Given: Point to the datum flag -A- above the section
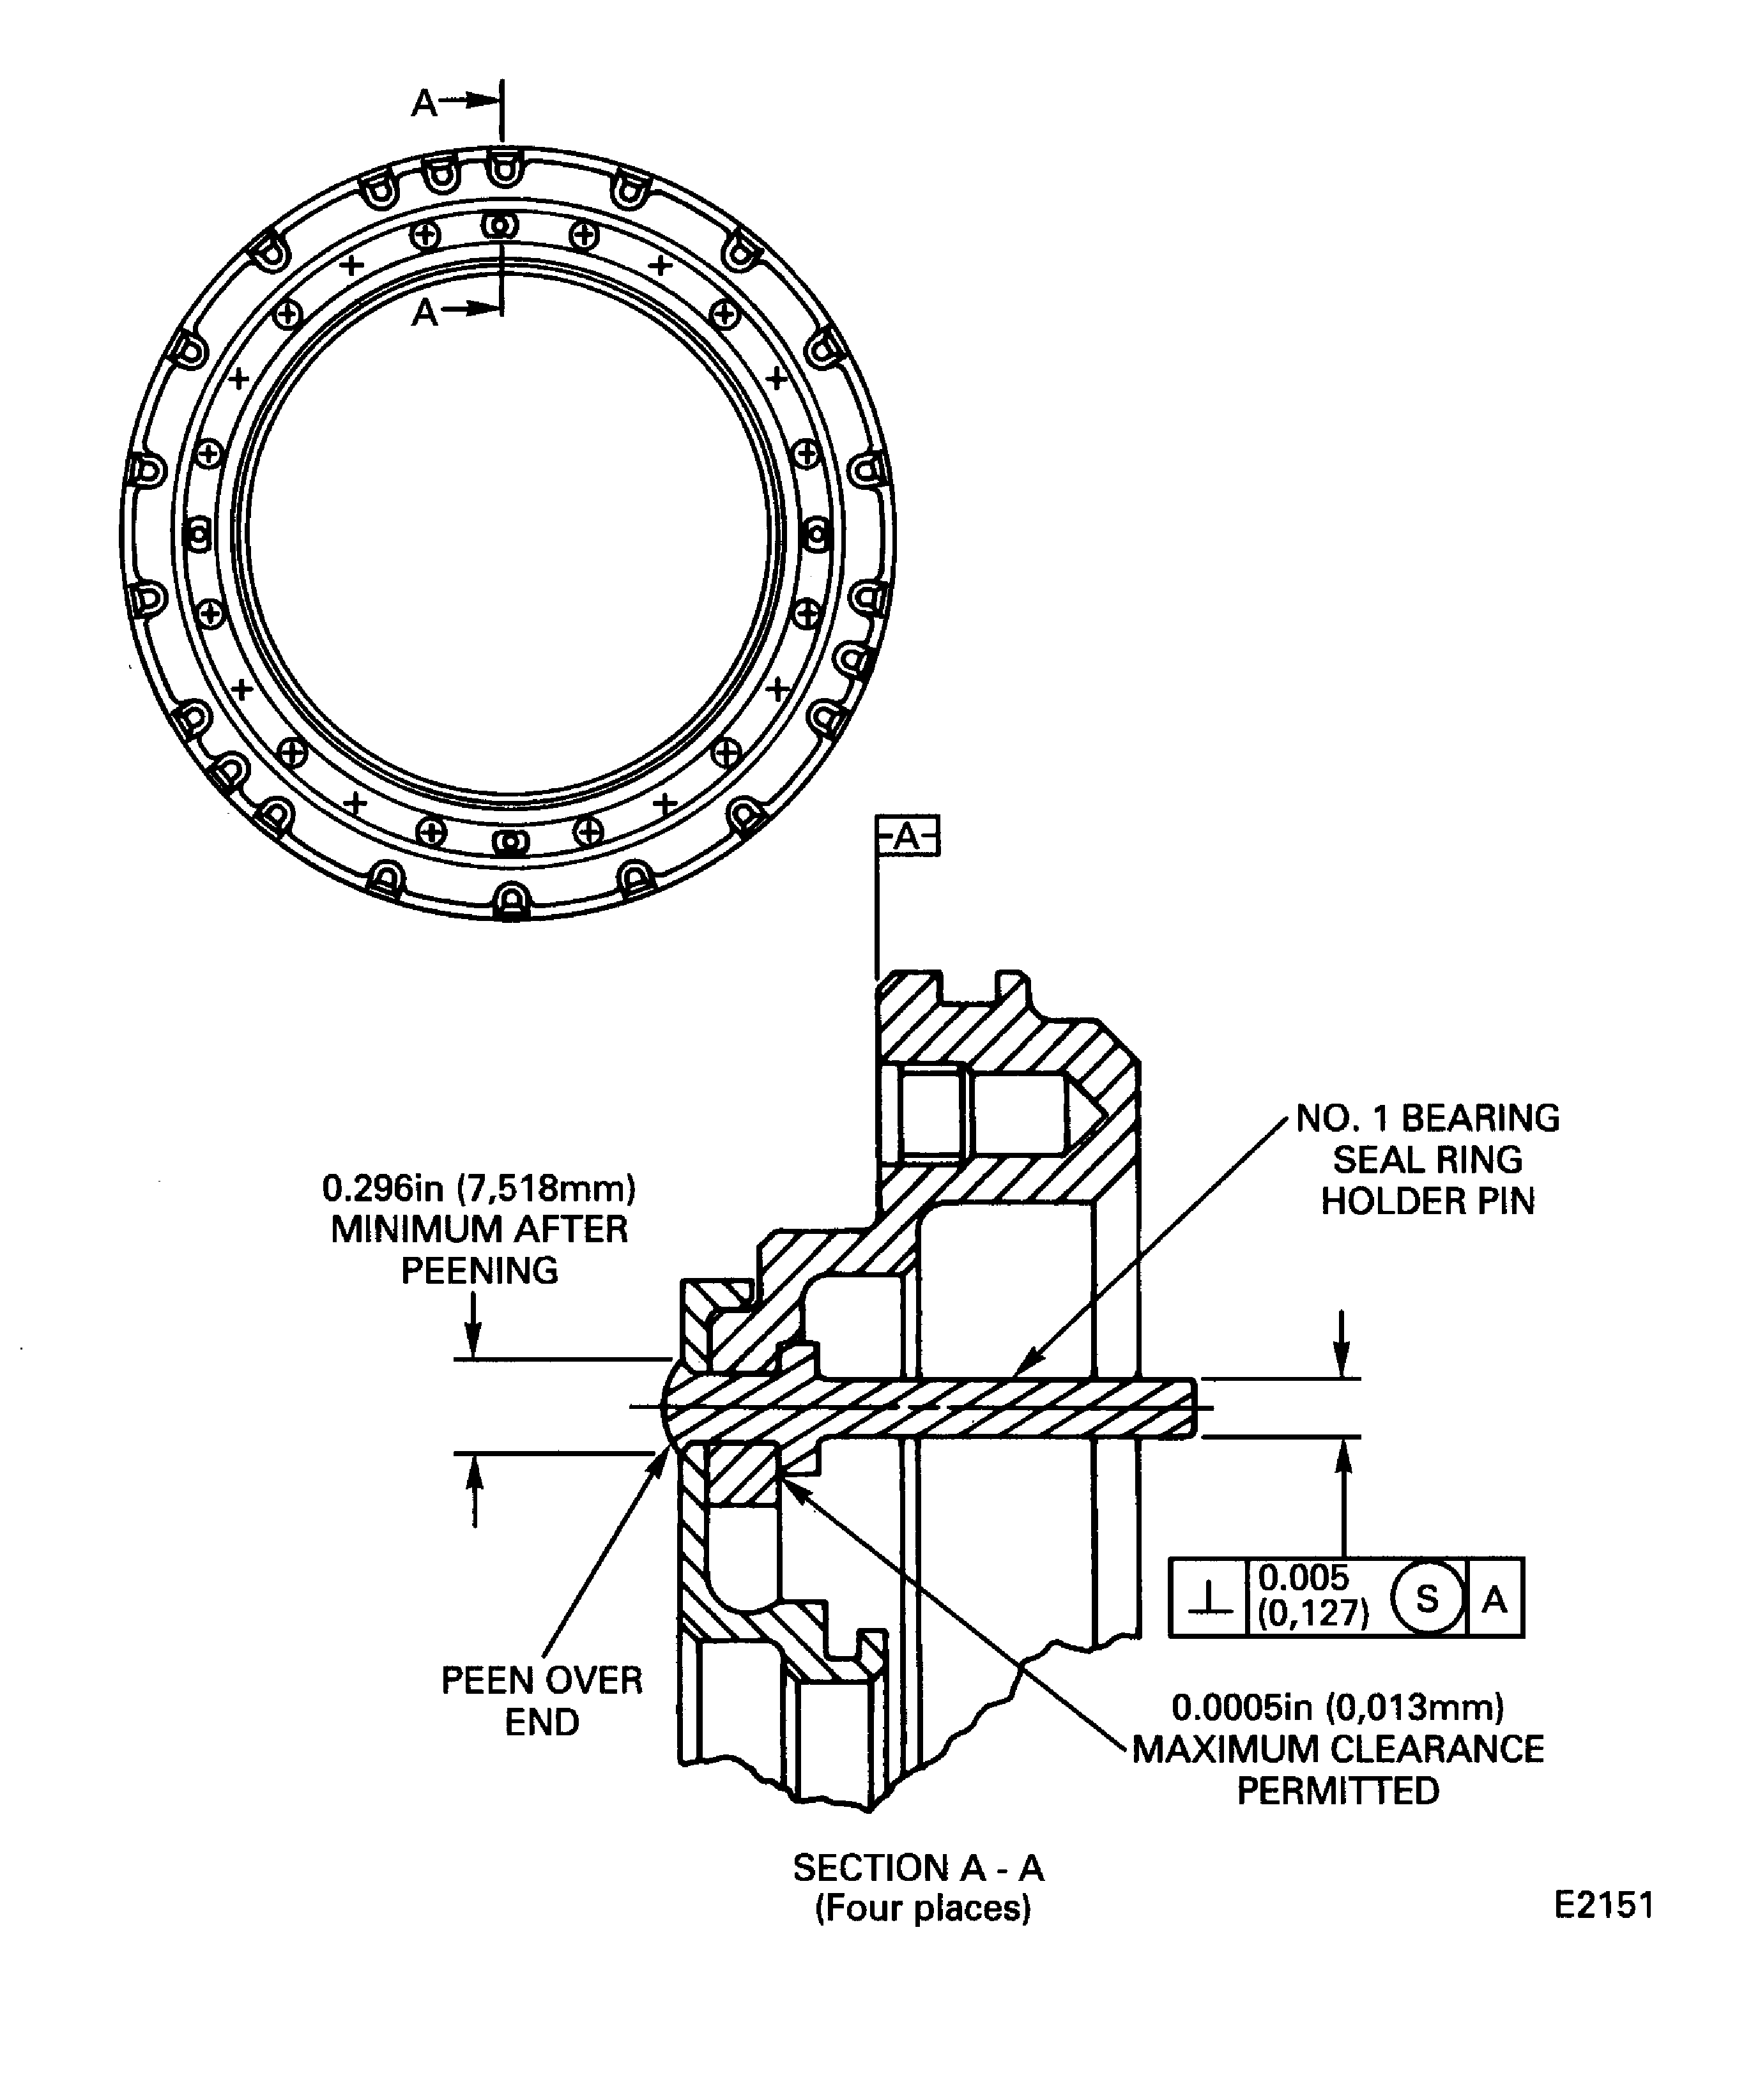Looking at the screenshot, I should (907, 837).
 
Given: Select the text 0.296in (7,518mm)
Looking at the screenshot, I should (478, 1188).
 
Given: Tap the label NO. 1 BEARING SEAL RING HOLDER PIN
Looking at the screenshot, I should (1427, 1159).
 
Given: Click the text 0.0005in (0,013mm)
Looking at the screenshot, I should (1337, 1707).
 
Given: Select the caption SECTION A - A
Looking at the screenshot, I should (918, 1869).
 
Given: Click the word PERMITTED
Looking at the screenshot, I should (1337, 1791).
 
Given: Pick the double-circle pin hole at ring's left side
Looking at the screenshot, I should (199, 536).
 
